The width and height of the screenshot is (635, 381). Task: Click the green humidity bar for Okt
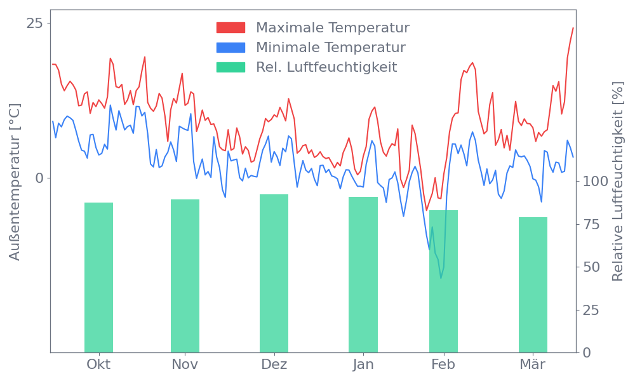tap(98, 277)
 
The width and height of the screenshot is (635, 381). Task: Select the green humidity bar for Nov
tap(185, 276)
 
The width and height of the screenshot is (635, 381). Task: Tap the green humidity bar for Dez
tap(274, 273)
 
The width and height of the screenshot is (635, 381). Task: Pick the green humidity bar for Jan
tap(363, 274)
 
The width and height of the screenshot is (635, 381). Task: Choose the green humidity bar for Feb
tap(443, 281)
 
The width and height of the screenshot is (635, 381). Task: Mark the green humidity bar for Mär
tap(533, 284)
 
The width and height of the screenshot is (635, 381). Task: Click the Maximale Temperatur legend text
tap(333, 28)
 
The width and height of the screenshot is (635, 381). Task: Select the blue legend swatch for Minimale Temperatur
tap(231, 48)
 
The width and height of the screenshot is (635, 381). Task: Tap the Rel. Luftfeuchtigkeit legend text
tap(326, 67)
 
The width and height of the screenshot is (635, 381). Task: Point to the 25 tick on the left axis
tap(35, 23)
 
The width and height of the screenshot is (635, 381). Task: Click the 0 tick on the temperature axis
tap(39, 178)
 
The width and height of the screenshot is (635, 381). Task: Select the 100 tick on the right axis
tap(596, 182)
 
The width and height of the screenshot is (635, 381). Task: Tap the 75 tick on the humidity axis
tap(592, 224)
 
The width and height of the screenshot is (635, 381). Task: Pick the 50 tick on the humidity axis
tap(592, 267)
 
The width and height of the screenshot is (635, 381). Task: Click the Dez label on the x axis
tap(274, 364)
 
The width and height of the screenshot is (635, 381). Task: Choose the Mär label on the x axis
tap(533, 364)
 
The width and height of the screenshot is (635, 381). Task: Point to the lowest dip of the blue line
tap(441, 277)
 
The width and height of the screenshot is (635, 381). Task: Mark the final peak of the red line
tap(573, 28)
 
